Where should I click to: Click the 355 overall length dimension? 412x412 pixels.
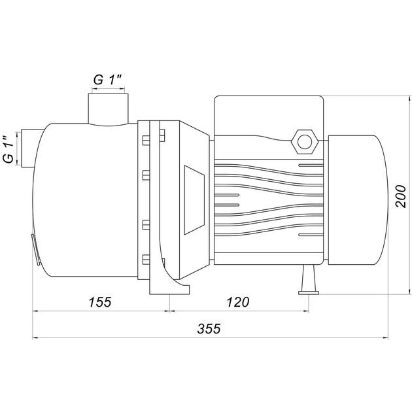[x=209, y=328]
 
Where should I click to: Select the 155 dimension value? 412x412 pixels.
[x=100, y=302]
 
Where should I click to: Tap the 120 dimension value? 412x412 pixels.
[x=238, y=302]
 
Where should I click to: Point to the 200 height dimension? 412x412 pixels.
[x=401, y=196]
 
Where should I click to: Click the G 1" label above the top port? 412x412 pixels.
[x=108, y=80]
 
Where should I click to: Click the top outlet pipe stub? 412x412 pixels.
[x=109, y=110]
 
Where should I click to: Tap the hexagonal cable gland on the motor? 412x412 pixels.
[x=305, y=142]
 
